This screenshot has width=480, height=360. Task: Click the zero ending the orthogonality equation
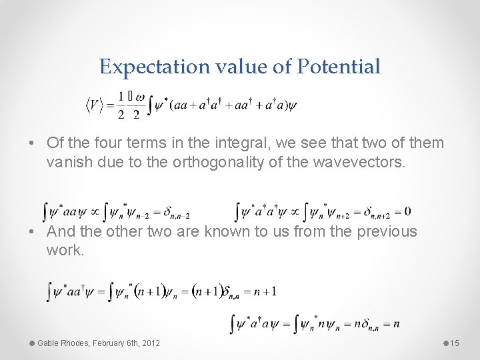coord(407,211)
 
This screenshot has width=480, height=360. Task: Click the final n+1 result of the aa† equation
coord(265,291)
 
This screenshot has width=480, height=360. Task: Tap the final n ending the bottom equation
coord(396,324)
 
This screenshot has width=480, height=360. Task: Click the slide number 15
coord(455,343)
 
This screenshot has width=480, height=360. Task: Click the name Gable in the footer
coord(50,343)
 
